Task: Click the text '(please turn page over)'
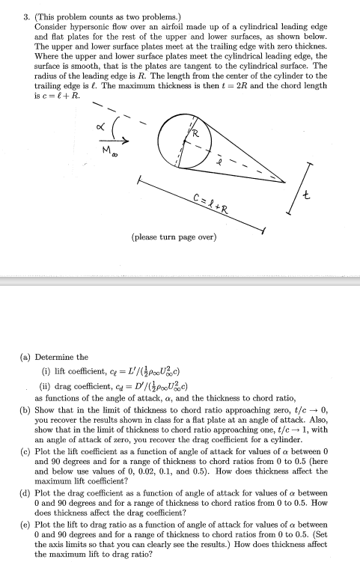(174, 237)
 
